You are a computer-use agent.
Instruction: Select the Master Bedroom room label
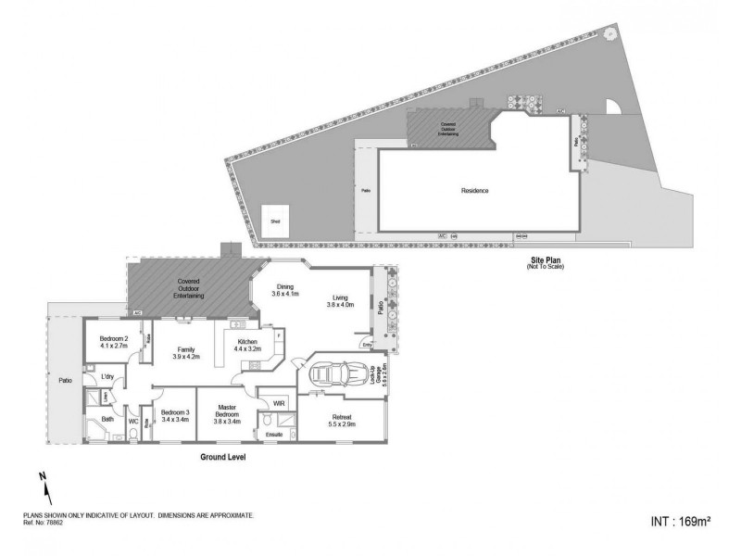[228, 413]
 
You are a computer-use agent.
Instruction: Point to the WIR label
[278, 403]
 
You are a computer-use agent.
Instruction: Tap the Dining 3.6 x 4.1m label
[285, 289]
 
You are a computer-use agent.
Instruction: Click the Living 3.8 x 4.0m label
[341, 301]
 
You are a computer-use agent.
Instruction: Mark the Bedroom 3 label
[174, 416]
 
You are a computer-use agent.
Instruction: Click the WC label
[133, 422]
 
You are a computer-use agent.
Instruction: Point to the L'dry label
[107, 376]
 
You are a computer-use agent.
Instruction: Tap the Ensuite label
[274, 434]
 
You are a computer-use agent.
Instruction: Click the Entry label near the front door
[368, 346]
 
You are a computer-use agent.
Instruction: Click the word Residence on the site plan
[474, 191]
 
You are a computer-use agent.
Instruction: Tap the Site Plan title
[545, 261]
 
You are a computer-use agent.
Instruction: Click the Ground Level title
[223, 457]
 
